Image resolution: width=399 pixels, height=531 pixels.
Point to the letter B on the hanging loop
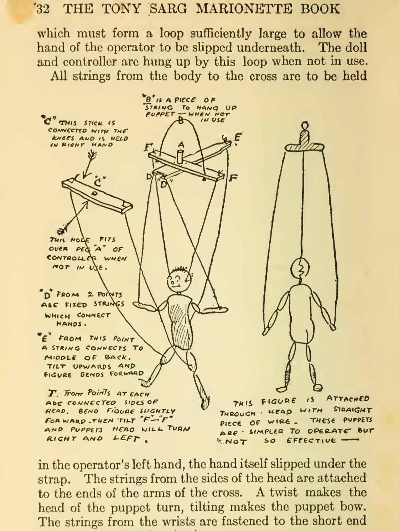coord(181,121)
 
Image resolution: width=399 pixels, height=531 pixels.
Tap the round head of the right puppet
coord(301,269)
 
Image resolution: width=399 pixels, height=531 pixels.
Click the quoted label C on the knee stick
coord(98,183)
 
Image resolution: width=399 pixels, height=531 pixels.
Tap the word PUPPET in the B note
coord(160,114)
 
